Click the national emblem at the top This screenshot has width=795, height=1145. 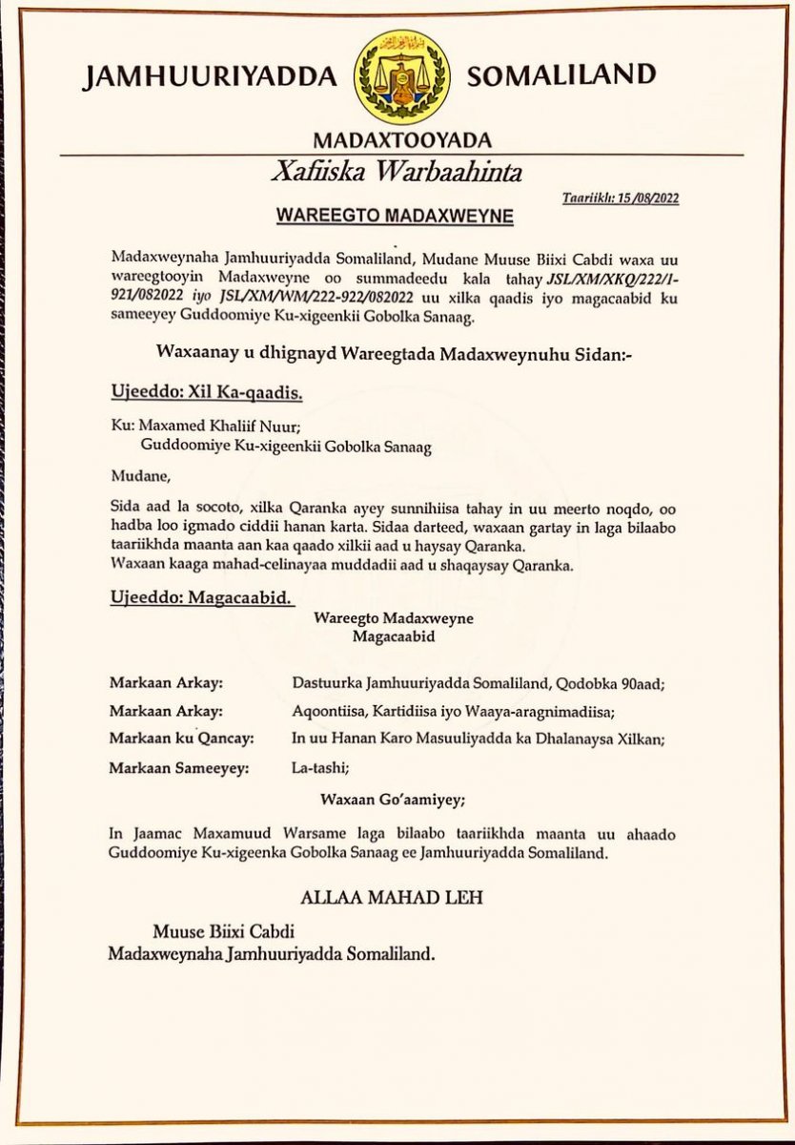401,74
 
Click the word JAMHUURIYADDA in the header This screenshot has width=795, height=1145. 209,77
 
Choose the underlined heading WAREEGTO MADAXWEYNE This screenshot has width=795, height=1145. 395,217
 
